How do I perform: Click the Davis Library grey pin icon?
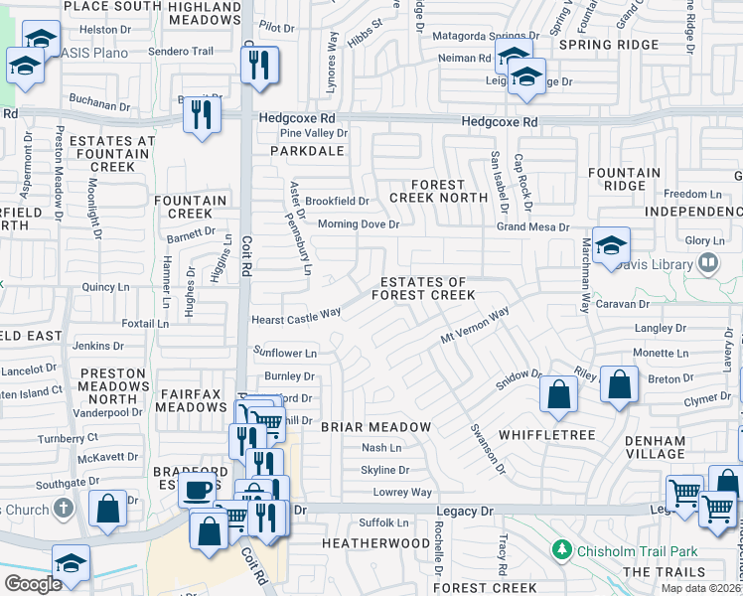(708, 263)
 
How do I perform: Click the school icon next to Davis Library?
(612, 244)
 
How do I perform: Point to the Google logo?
(33, 584)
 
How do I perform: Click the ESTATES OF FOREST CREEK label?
(423, 289)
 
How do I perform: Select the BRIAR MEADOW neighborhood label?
(375, 427)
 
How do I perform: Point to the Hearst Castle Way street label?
(296, 312)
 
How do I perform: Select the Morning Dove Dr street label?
(358, 224)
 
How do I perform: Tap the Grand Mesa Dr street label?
(533, 227)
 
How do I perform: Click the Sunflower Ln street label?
(284, 353)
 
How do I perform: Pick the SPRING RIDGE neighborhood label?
(603, 45)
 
